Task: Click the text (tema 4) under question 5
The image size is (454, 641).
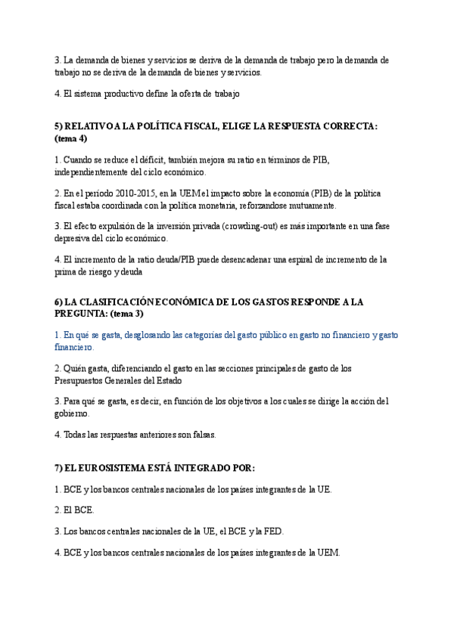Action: coord(71,138)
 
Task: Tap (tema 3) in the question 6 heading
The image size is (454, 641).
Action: coord(127,313)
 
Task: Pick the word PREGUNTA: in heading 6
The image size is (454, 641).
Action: coord(82,313)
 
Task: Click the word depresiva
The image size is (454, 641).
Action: coord(75,239)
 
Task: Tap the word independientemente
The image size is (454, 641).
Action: coord(96,172)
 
